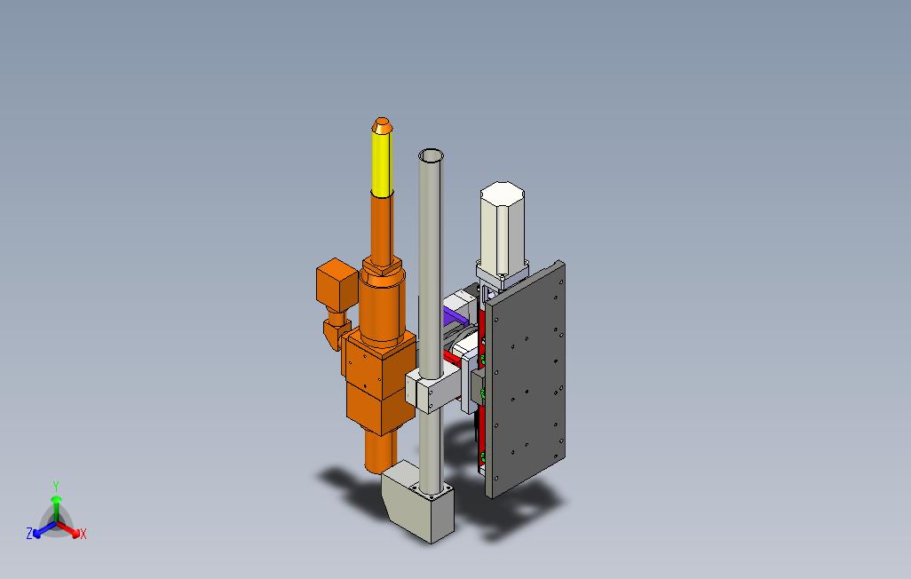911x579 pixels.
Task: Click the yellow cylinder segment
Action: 382,163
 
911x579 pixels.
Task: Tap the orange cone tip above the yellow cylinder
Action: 382,124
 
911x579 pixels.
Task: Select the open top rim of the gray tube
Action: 431,155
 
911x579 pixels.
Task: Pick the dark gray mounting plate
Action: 526,378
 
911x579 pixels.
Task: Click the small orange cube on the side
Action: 337,283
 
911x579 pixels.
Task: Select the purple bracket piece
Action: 455,317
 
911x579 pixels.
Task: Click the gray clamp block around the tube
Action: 432,388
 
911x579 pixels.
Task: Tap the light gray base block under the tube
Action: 419,501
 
